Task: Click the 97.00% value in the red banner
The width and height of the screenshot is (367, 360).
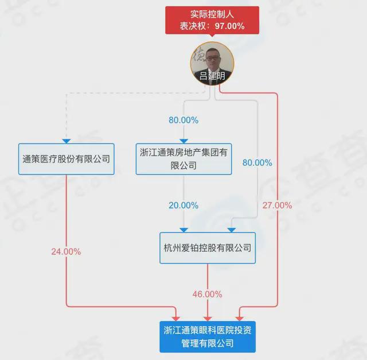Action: pos(230,26)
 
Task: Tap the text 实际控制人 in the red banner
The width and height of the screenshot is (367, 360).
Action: pos(212,14)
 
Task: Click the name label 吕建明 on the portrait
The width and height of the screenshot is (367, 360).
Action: pos(212,76)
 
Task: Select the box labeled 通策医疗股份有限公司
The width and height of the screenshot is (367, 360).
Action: pos(67,159)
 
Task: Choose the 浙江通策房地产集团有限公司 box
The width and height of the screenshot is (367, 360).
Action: pos(183,159)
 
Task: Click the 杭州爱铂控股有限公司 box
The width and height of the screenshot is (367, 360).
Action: pos(208,248)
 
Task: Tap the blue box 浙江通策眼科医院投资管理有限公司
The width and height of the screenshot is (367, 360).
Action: pos(208,337)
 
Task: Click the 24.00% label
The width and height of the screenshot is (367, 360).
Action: pos(67,251)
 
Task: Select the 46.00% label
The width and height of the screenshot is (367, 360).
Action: pos(208,294)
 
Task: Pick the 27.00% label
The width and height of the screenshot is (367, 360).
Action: pos(277,206)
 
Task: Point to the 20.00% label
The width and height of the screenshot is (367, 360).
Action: pos(183,206)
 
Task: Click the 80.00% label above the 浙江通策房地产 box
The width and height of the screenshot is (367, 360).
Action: pos(183,120)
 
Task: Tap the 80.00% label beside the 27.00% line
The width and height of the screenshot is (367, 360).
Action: pos(257,162)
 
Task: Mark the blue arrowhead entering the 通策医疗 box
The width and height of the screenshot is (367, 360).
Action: pos(67,141)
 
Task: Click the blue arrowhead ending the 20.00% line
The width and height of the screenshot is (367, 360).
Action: pos(183,230)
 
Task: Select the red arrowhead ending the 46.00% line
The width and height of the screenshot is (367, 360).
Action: pos(208,319)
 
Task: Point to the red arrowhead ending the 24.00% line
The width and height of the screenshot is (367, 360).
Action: pos(176,319)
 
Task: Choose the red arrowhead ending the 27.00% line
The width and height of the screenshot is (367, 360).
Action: pos(240,319)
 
